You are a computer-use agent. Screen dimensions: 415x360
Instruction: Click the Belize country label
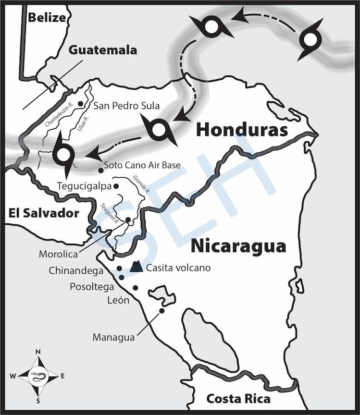tap(46, 18)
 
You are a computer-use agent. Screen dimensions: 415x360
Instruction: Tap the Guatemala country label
tap(102, 50)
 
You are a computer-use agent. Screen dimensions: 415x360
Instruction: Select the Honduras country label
tap(242, 130)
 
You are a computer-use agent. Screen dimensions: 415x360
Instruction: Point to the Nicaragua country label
tap(238, 246)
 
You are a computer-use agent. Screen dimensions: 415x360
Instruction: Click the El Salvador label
tap(43, 213)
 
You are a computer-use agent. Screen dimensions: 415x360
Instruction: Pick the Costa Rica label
tap(238, 399)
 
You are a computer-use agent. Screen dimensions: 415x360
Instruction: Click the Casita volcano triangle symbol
tap(137, 267)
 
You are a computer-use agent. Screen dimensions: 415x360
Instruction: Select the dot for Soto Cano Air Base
tap(100, 170)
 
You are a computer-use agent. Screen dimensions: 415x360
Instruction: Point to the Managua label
tap(113, 337)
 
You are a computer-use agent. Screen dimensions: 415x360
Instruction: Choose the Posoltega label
tap(92, 287)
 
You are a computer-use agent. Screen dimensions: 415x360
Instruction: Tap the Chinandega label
tap(76, 271)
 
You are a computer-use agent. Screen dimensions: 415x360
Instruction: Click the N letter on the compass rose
tap(38, 352)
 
